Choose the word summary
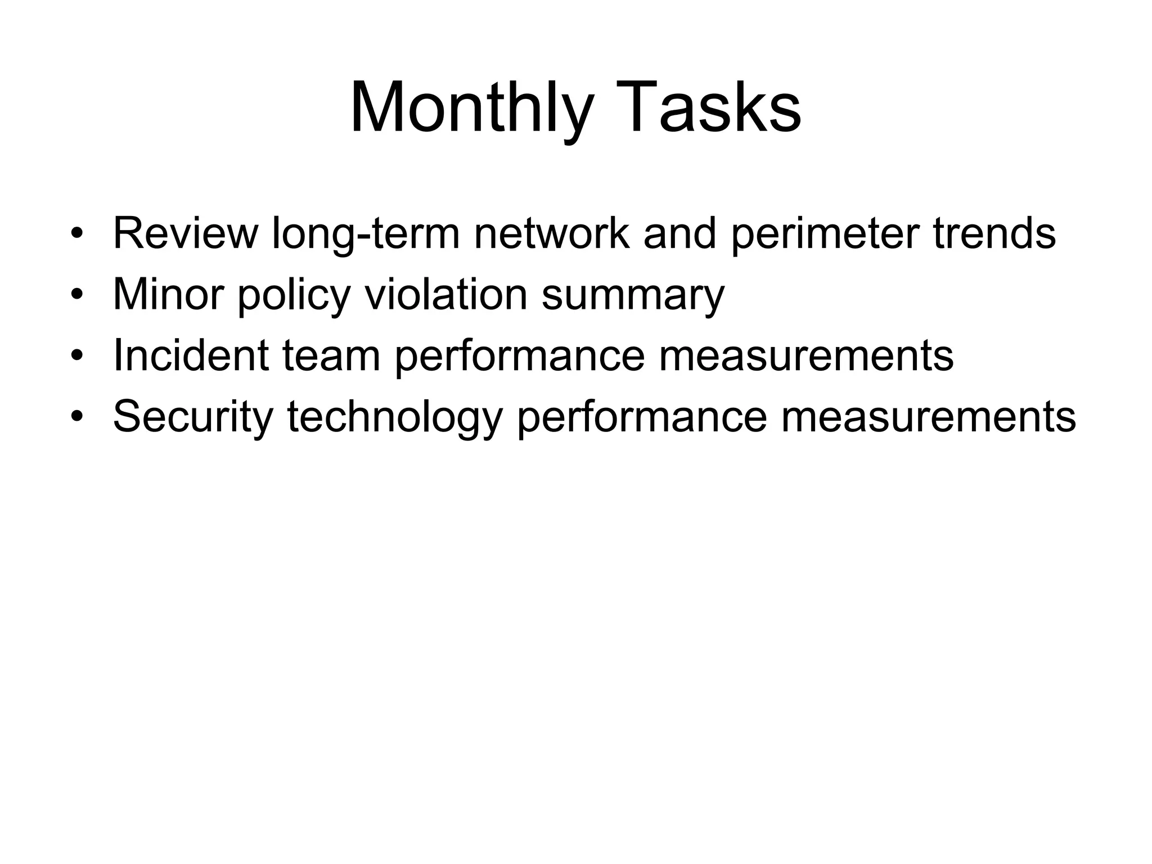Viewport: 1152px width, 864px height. coord(633,294)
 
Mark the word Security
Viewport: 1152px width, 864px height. coord(193,417)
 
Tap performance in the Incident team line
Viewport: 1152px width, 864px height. coord(519,355)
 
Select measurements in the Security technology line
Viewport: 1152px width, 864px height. coord(928,417)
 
